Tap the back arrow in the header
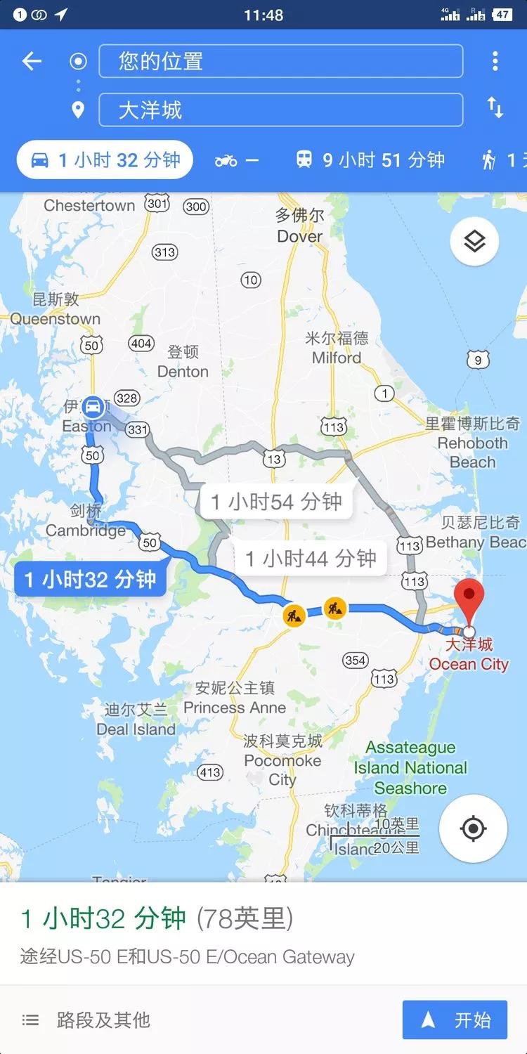click(x=32, y=62)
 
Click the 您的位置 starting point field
click(x=281, y=61)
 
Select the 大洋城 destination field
click(x=281, y=110)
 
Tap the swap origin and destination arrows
click(x=495, y=108)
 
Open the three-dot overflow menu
click(x=495, y=61)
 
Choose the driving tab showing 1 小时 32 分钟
click(x=105, y=160)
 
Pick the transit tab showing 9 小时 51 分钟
click(x=370, y=160)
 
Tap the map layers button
click(x=474, y=241)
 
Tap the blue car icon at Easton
click(x=93, y=407)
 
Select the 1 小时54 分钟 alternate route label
click(x=276, y=502)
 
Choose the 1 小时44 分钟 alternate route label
click(x=311, y=559)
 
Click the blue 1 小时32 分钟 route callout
click(x=90, y=580)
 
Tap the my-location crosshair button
click(x=473, y=828)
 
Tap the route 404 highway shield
click(x=141, y=344)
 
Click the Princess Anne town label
click(x=235, y=708)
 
